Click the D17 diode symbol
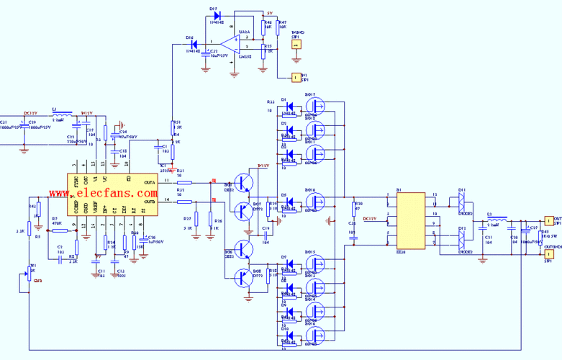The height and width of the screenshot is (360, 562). [217, 14]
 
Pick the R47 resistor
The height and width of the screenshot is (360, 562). [277, 28]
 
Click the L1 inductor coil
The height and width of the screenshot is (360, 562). [63, 114]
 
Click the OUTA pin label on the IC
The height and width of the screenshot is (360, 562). [149, 184]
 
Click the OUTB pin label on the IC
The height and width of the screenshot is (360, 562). [149, 201]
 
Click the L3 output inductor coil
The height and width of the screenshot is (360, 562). [497, 217]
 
